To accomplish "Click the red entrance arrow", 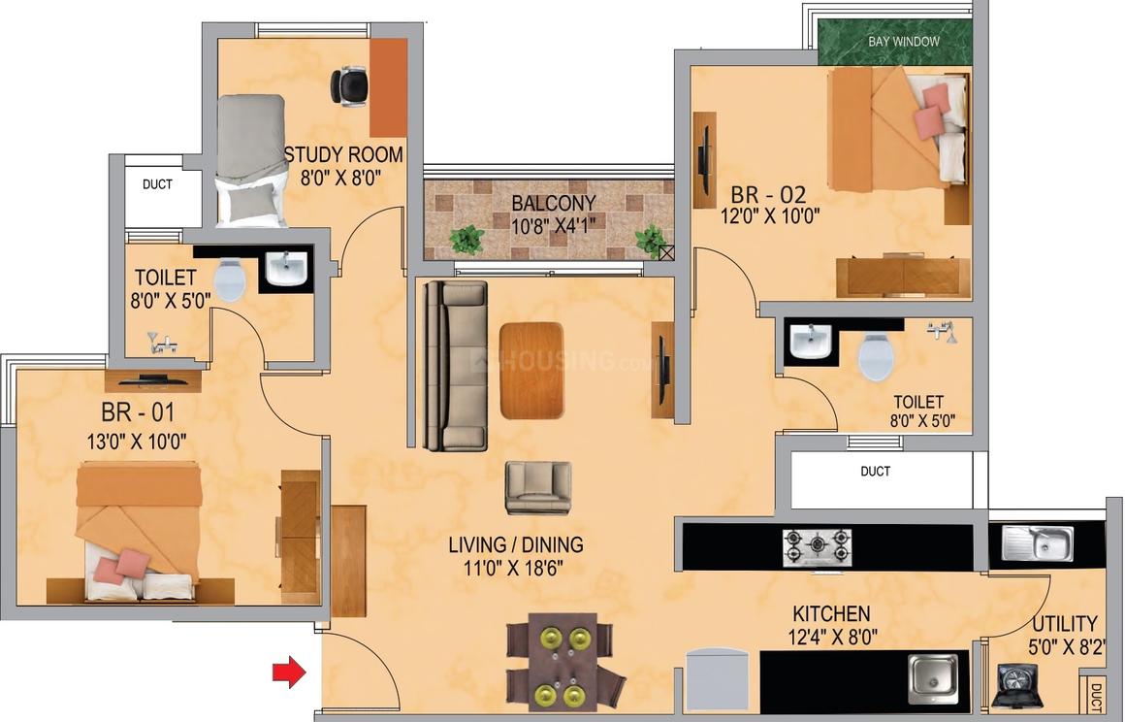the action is coord(289,672).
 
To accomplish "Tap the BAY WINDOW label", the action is coord(903,42).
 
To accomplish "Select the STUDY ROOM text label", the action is coord(343,155).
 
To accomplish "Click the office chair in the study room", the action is coord(349,86).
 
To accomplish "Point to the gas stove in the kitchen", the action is coord(818,547).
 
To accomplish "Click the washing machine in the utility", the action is coord(1016,685).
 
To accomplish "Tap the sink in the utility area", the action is coord(1038,543).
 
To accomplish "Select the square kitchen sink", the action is coord(933,678).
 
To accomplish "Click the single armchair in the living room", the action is coord(538,487).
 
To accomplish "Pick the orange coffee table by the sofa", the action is coord(531,371).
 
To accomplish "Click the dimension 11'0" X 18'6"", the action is coord(514,569).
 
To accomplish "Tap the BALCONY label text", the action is coord(554,203).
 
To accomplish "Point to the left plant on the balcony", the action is coord(467,239).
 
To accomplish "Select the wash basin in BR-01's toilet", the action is coord(286,269).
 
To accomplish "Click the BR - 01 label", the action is coord(138,412).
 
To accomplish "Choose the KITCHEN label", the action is coord(831,614).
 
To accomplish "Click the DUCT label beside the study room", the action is coord(157,184).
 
